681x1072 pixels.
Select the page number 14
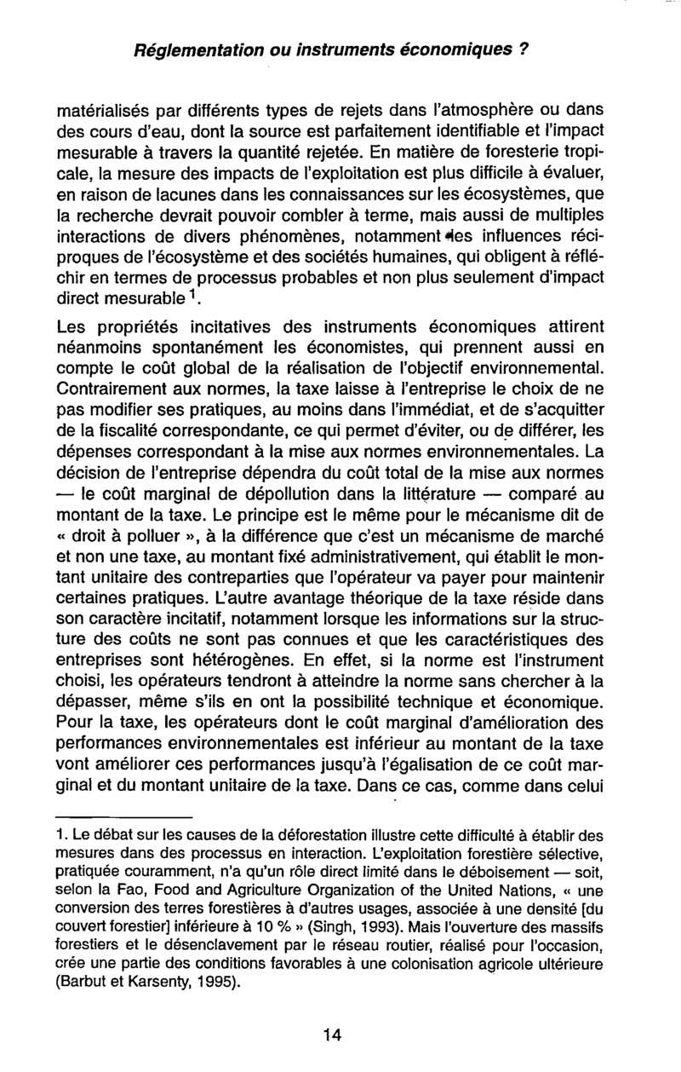point(333,1035)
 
